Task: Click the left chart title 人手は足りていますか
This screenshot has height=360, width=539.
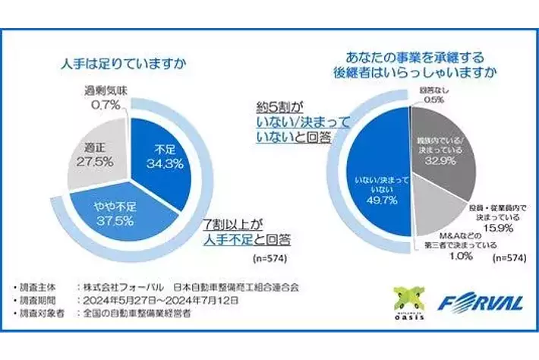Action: pyautogui.click(x=126, y=63)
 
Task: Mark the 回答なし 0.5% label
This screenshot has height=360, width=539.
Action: pyautogui.click(x=431, y=96)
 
